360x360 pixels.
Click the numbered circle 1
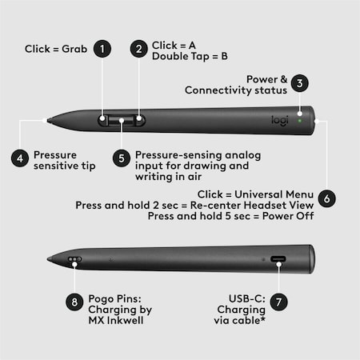click(x=102, y=50)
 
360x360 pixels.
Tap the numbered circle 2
click(x=139, y=50)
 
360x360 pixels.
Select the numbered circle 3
click(x=299, y=82)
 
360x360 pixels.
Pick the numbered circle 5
click(x=121, y=158)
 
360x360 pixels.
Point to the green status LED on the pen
click(x=299, y=121)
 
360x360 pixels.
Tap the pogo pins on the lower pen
click(x=74, y=260)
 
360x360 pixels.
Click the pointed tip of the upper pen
click(x=49, y=121)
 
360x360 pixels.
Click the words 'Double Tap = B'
click(x=189, y=57)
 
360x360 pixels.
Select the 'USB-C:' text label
click(x=237, y=297)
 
